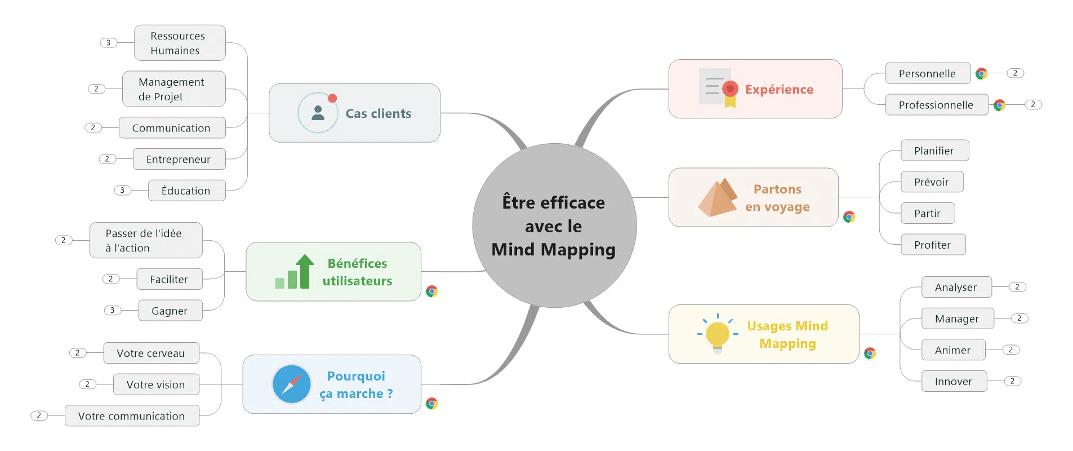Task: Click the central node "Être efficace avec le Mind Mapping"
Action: point(554,225)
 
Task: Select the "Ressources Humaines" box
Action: point(180,43)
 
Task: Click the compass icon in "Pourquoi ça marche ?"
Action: point(292,384)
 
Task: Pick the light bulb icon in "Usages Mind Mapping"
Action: point(718,334)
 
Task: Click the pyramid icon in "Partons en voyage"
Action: point(717,197)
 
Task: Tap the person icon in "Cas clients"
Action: point(318,113)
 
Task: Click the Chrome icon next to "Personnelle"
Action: point(982,73)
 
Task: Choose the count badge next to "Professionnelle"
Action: point(1033,105)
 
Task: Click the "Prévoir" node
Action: point(932,182)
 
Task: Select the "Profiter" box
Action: point(933,245)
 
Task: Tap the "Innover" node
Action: point(954,382)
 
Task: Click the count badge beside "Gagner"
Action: point(113,311)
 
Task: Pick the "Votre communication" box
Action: point(132,416)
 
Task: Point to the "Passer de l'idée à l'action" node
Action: point(146,241)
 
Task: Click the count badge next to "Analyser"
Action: point(1017,287)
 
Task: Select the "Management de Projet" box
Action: point(174,89)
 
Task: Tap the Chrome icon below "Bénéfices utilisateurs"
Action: point(432,291)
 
